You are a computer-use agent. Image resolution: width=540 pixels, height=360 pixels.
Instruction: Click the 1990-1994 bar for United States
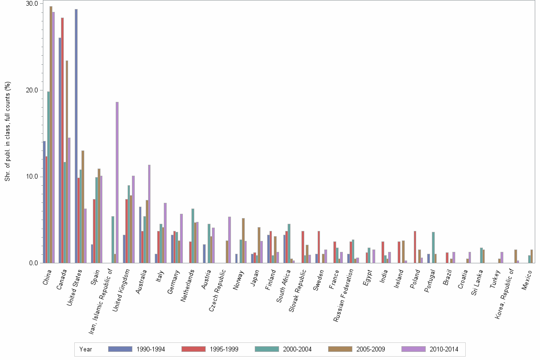tap(76, 136)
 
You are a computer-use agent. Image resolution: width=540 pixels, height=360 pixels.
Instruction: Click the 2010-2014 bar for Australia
tap(150, 214)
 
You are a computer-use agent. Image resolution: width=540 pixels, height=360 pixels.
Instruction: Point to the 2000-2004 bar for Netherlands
tap(193, 236)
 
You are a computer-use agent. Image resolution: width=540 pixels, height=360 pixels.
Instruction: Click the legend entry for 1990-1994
tap(136, 349)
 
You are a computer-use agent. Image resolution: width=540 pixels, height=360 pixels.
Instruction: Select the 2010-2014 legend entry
tap(430, 349)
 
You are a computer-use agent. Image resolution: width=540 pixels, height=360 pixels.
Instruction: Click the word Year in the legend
tap(86, 349)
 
